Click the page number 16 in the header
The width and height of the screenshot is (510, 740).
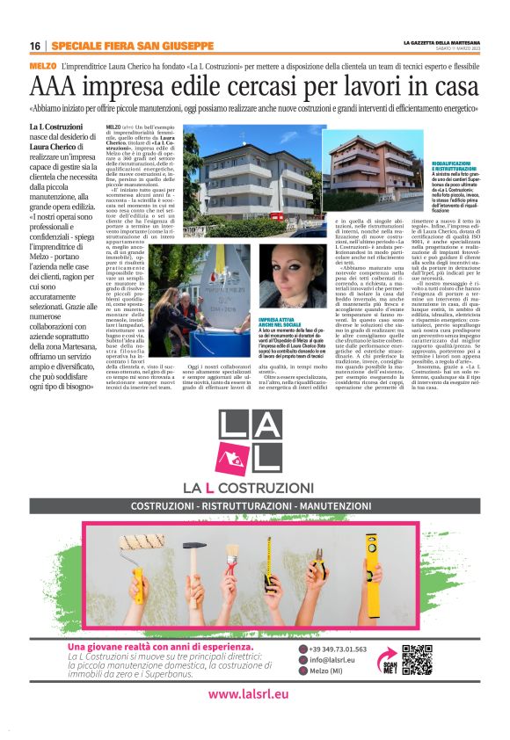click(x=34, y=46)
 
